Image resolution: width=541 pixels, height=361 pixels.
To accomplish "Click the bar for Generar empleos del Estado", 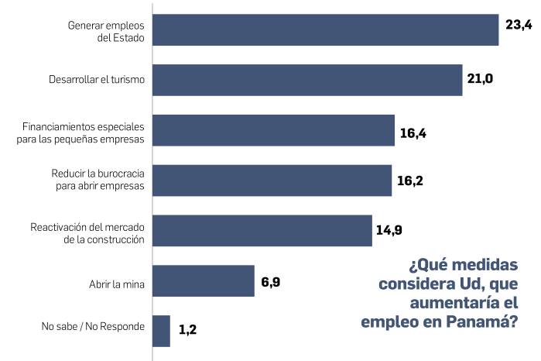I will click(x=325, y=29).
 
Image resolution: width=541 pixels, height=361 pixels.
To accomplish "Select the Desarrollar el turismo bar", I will click(x=307, y=80).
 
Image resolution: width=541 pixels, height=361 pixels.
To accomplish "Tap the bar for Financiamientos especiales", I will click(x=273, y=130).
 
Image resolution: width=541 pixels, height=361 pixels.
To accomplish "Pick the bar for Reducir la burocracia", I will click(x=272, y=180).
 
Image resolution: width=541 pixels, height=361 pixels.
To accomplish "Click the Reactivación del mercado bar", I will click(x=262, y=230).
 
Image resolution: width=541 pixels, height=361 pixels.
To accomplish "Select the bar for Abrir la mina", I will click(x=204, y=280).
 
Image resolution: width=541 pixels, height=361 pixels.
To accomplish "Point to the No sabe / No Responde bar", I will click(x=161, y=331).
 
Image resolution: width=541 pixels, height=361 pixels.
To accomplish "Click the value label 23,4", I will click(x=519, y=26).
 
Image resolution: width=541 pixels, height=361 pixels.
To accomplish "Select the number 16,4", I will click(x=413, y=133).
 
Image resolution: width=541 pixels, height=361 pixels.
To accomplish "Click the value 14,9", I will click(x=389, y=230).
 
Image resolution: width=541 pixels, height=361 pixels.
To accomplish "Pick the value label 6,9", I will click(x=270, y=281).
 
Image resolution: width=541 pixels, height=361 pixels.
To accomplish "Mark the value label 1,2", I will click(x=188, y=330).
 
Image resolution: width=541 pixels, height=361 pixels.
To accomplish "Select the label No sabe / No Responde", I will click(x=93, y=326).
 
